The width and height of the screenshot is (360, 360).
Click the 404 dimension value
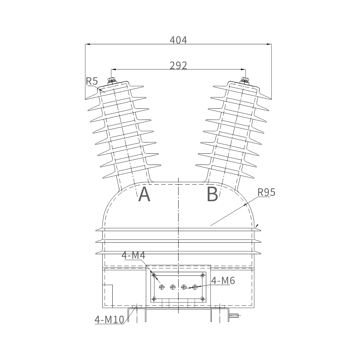coord(179,40)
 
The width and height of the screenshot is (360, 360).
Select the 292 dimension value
coord(179,66)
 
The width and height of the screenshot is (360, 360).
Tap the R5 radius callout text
coord(92,81)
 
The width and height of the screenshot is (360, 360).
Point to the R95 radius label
coord(266,192)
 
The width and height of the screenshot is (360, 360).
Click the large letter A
coord(144,194)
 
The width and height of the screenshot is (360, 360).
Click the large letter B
coord(212,194)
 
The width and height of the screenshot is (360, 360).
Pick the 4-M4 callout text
coord(134,255)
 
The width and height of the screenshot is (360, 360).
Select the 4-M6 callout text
coord(223,280)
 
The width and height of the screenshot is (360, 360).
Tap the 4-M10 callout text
coord(109,320)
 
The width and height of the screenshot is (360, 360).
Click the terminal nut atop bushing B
coord(245,81)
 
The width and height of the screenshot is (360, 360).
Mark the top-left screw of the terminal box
coord(154,275)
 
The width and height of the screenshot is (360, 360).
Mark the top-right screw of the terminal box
coord(202,275)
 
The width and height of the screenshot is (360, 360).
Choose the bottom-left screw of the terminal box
coord(154,299)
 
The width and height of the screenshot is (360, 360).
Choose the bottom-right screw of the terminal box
coord(202,299)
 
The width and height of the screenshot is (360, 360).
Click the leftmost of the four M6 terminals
coord(162,287)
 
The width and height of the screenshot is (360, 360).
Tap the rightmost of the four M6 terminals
coord(195,287)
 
